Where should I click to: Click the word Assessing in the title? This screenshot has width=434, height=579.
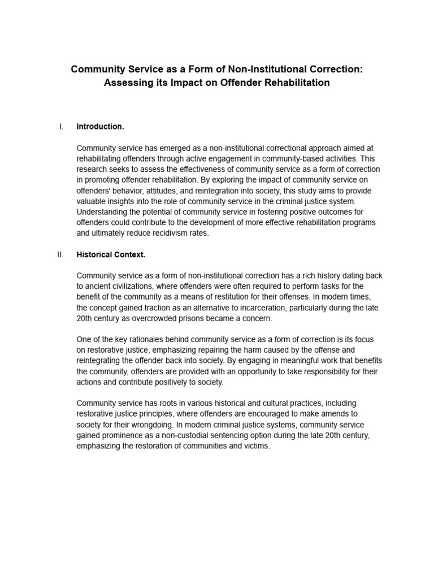125,83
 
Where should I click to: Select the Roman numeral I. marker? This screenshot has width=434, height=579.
61,126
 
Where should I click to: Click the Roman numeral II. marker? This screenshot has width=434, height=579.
60,254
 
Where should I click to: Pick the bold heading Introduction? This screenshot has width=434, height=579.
100,127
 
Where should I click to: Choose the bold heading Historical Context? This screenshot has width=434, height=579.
111,254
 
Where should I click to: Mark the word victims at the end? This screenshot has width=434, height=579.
257,446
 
